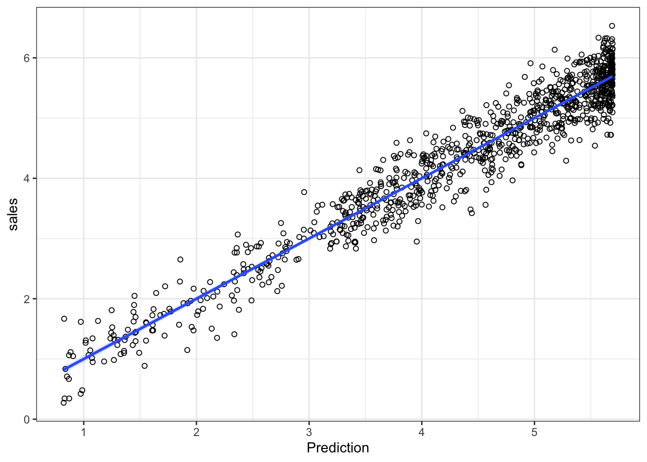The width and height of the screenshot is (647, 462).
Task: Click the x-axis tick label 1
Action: tap(84, 432)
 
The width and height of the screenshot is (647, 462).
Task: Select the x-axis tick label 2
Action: tap(196, 432)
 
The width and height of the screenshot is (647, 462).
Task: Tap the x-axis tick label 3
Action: tap(309, 432)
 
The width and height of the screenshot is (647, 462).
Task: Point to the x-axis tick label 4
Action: tap(422, 432)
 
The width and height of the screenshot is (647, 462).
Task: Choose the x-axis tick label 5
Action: tap(534, 432)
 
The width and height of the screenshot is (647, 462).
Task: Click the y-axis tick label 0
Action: tap(27, 420)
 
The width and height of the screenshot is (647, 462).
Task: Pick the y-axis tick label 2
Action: tap(27, 299)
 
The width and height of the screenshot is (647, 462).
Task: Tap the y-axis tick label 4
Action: tap(27, 179)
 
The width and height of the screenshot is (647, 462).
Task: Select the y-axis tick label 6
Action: tap(27, 58)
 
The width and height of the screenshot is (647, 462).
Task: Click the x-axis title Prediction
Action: tap(337, 448)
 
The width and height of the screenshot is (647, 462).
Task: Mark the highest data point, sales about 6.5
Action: tap(612, 26)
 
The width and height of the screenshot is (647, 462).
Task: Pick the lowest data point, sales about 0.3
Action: tap(64, 403)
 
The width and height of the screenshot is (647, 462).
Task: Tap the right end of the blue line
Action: tap(612, 76)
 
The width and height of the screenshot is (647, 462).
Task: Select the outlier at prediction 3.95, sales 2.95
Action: tap(417, 242)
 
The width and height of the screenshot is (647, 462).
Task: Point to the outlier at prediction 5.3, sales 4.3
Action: tap(566, 161)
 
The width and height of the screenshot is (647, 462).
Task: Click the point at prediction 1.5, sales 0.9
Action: tap(144, 366)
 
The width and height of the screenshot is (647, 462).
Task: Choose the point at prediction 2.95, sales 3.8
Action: tap(304, 192)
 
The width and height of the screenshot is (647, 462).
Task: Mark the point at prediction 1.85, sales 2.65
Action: tap(181, 259)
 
